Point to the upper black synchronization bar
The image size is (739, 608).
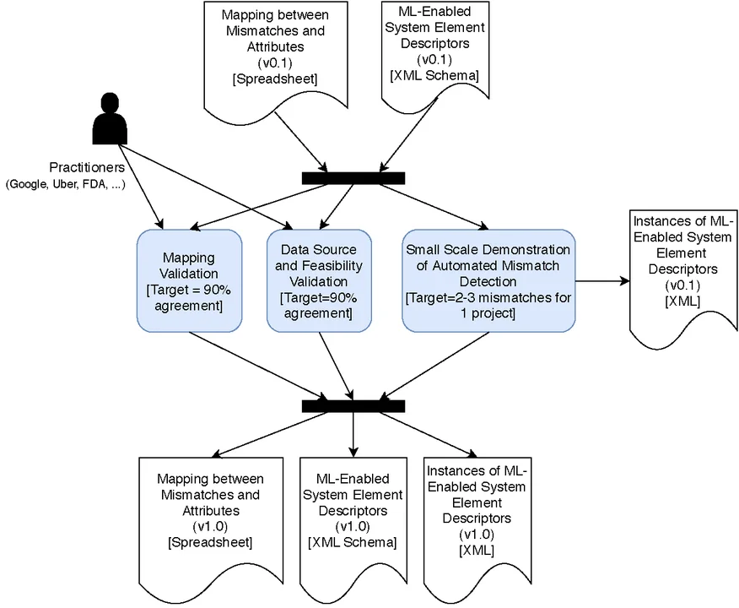(353, 177)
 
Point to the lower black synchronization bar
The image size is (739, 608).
(353, 406)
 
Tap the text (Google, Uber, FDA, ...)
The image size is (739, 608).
(65, 185)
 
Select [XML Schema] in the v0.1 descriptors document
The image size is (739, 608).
(434, 76)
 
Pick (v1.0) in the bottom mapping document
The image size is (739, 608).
(209, 526)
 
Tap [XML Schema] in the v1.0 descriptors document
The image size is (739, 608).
(352, 541)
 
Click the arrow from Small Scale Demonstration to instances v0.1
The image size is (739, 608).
(599, 280)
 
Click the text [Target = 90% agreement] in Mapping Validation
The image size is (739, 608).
(189, 297)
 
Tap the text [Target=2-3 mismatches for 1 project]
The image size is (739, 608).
(488, 306)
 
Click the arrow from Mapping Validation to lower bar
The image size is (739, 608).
(257, 365)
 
